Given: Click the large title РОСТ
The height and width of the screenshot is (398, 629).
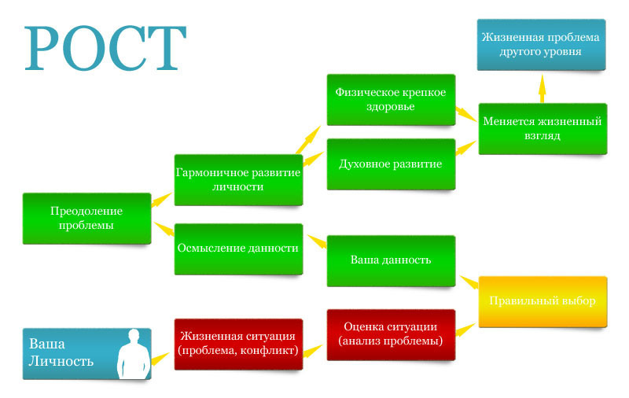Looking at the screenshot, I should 105,49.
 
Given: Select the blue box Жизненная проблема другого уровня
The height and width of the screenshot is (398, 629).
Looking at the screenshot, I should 542,45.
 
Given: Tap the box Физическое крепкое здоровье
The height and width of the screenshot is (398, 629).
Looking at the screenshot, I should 391,99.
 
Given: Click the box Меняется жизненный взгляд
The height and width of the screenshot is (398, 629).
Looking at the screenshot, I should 542,129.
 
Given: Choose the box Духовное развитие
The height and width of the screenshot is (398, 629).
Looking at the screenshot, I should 391,164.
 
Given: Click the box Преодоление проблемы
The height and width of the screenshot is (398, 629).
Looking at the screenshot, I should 86,218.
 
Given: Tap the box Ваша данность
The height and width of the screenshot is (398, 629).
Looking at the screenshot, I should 391,260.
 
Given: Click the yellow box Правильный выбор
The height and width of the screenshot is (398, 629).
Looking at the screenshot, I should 542,301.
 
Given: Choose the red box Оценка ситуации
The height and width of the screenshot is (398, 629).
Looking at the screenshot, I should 391,334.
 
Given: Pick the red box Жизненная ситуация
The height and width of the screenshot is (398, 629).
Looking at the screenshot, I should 237,344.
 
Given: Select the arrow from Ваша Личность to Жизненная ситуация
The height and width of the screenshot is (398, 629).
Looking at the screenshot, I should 160,359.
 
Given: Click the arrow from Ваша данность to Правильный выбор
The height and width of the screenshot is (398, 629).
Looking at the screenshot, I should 470,282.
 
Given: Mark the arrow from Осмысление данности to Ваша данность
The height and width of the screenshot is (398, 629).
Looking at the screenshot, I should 317,241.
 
